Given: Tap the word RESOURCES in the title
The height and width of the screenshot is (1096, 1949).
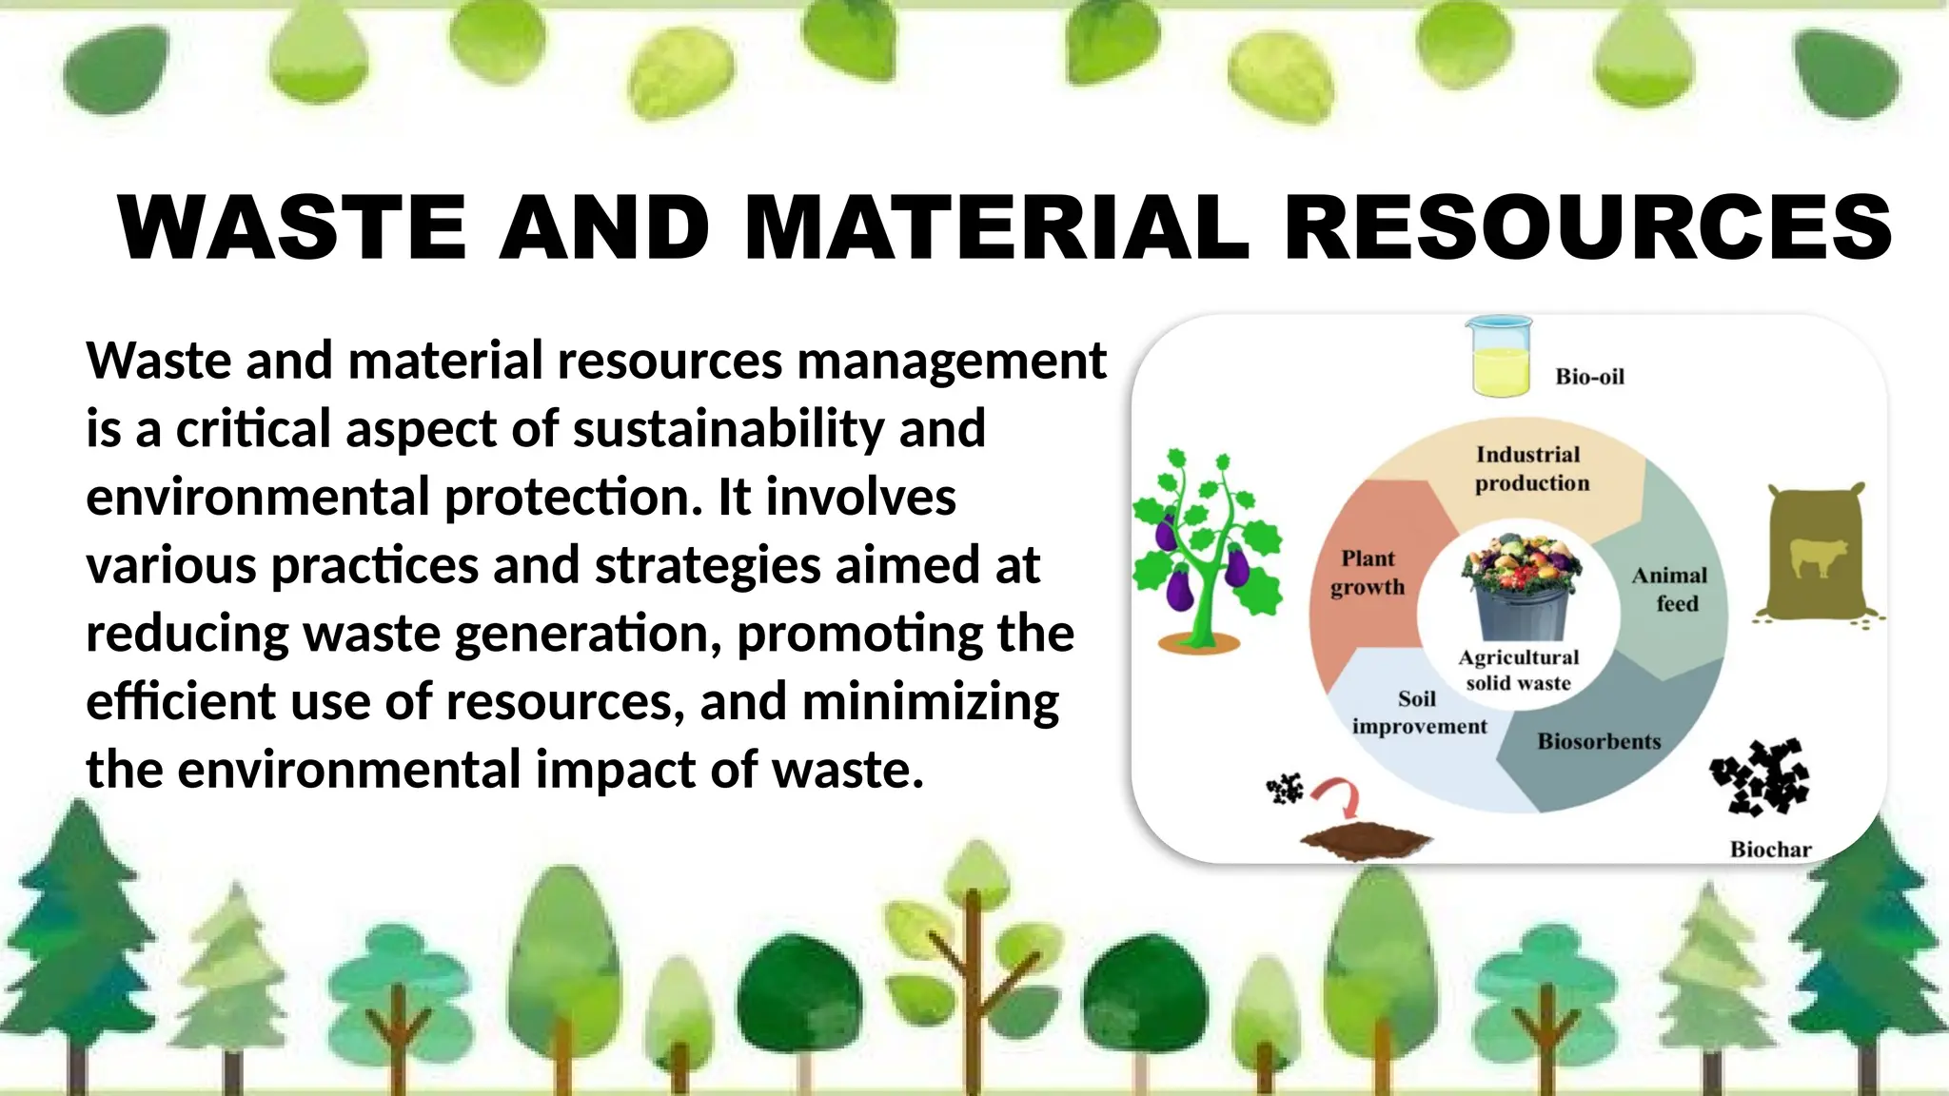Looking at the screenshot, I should [1588, 227].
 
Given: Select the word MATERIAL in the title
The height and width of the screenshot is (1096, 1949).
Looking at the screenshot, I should [995, 227].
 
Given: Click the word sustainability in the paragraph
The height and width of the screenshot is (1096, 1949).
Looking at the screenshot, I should [730, 429].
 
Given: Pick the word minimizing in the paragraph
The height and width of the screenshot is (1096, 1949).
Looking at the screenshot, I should [931, 702].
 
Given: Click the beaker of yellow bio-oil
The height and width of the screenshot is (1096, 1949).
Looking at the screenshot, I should [1500, 357].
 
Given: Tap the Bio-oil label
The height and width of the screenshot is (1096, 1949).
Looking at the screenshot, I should [1589, 377].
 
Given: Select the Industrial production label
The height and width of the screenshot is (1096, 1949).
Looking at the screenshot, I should [1530, 469].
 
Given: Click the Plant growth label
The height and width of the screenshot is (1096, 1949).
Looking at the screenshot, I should [1368, 573].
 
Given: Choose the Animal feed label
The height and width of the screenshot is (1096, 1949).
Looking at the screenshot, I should [1670, 589].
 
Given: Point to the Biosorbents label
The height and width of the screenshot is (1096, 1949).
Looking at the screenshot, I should [1599, 742].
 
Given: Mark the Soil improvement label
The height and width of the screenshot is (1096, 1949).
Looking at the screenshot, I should [1418, 713].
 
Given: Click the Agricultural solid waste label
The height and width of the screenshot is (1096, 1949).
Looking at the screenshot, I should [1518, 670].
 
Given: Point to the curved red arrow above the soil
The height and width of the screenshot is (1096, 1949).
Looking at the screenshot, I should [1339, 797].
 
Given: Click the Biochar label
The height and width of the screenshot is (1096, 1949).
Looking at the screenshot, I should [1770, 850].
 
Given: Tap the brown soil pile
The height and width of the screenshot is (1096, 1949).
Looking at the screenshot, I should [1366, 842].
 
